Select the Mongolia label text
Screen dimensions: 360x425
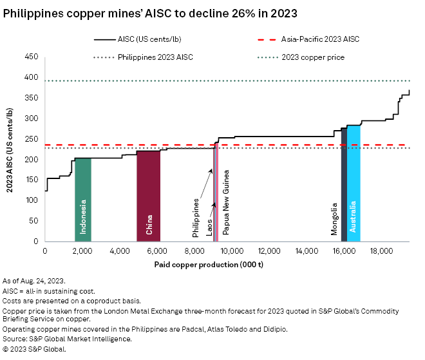334,219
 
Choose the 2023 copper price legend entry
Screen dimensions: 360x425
313,57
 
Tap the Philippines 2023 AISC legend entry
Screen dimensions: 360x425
155,57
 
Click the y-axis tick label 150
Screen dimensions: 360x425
32,180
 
